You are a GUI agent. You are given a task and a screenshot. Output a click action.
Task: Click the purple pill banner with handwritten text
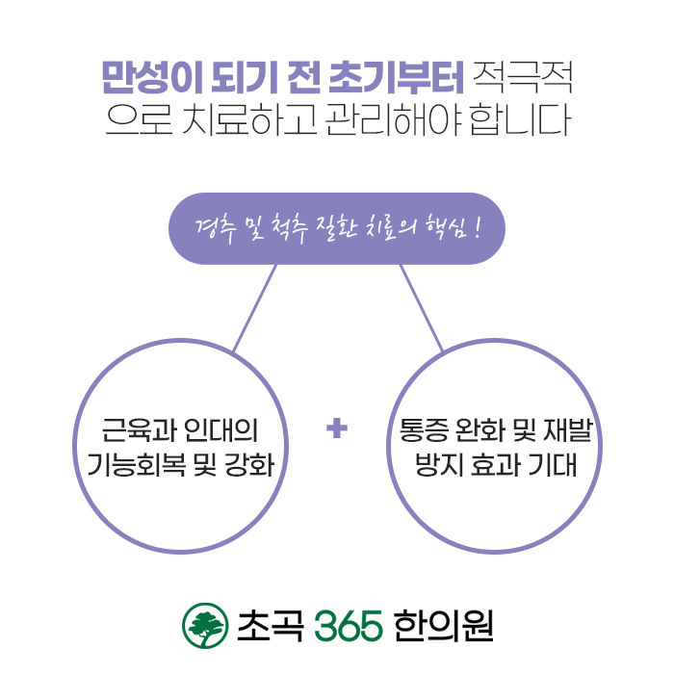point(336,229)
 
